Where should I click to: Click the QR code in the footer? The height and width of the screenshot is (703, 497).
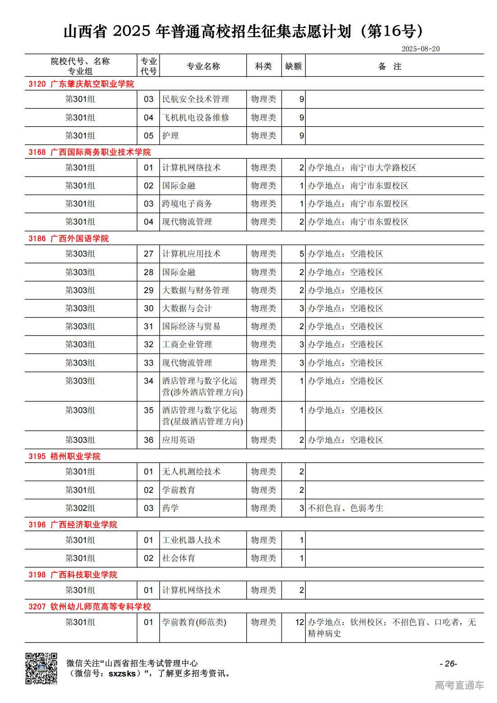tap(41, 668)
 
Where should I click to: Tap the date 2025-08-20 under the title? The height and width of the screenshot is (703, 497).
tap(420, 49)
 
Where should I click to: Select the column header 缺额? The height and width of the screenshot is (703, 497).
tap(293, 66)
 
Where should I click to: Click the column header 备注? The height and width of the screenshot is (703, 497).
tap(390, 66)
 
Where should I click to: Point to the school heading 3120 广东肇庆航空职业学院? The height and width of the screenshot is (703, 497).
tap(81, 84)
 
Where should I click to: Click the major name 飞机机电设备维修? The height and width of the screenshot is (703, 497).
tap(196, 117)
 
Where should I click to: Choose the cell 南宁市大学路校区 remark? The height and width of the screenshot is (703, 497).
tap(362, 168)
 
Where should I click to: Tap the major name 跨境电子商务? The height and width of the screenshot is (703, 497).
tap(187, 204)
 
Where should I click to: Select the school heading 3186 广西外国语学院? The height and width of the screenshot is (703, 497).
tap(69, 239)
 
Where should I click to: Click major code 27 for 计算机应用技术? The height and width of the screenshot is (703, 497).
tap(148, 254)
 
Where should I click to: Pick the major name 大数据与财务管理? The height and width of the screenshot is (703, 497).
tap(196, 290)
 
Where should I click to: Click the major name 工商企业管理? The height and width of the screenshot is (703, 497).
tap(187, 345)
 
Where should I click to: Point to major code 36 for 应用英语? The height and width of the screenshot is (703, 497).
tap(148, 440)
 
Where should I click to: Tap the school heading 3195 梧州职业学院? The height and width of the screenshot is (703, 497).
tap(64, 456)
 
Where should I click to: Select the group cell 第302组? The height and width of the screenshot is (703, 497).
tap(80, 508)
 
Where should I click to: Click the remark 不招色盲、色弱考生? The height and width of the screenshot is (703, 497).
tap(345, 508)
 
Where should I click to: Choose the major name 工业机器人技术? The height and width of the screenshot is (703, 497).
tap(191, 540)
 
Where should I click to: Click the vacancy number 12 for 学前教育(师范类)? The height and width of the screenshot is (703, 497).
tap(299, 622)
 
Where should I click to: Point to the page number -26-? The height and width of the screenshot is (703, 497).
tap(448, 663)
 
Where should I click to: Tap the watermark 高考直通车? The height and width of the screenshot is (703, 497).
tap(459, 685)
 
